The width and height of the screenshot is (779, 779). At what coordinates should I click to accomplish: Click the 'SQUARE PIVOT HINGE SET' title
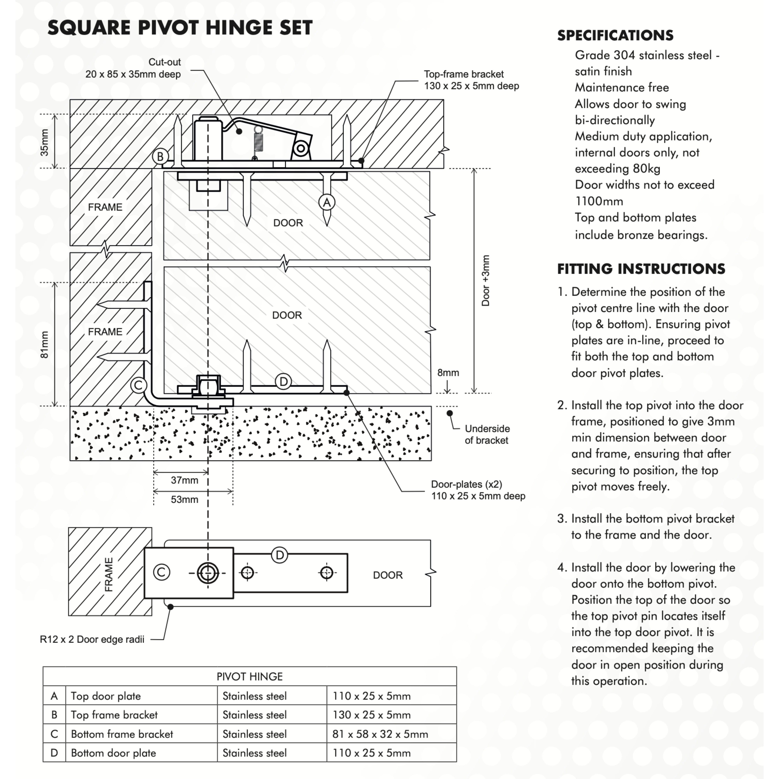point(180,28)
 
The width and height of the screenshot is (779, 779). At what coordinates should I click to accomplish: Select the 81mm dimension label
point(44,345)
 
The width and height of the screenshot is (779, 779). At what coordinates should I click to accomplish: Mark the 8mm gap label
point(448,373)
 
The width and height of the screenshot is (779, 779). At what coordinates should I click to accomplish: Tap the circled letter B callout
point(160,156)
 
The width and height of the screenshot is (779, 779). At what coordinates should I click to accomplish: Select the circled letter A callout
point(327,202)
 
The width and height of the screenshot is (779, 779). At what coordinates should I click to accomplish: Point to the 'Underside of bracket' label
point(487,434)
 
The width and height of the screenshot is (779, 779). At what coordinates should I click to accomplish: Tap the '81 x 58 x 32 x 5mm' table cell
point(380,734)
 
